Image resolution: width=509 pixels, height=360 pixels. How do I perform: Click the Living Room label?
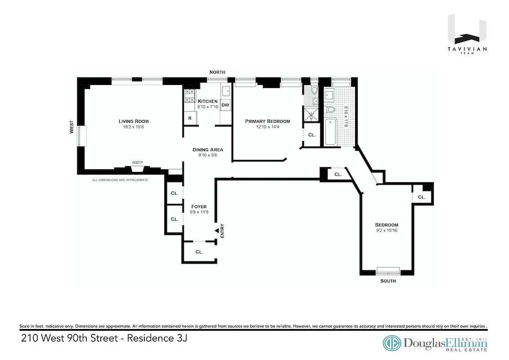coord(134,121)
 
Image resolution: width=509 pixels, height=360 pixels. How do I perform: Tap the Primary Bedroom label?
coord(267,121)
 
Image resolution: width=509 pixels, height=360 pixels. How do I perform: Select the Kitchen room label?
coord(208,101)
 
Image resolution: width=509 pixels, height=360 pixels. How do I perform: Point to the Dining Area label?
coord(208,149)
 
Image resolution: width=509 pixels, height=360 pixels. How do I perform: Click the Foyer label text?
coord(199,207)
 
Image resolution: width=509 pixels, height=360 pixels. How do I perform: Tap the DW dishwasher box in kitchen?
coord(226,105)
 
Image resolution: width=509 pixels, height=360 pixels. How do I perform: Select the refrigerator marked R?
coord(190,118)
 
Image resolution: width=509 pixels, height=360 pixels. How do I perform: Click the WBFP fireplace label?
coord(137,162)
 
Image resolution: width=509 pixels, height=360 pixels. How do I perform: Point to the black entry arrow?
coord(216,230)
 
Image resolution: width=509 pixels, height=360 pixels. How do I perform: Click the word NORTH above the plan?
coord(217,72)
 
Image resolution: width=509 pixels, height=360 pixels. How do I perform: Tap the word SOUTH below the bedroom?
coord(388,281)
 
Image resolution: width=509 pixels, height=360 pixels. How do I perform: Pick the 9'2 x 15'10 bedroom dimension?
coord(387,230)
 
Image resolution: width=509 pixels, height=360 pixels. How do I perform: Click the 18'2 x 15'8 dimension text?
coord(134,127)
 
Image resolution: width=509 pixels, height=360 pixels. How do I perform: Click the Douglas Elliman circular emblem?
coord(392,342)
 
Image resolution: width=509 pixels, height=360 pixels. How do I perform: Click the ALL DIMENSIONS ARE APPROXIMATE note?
coord(120,180)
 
